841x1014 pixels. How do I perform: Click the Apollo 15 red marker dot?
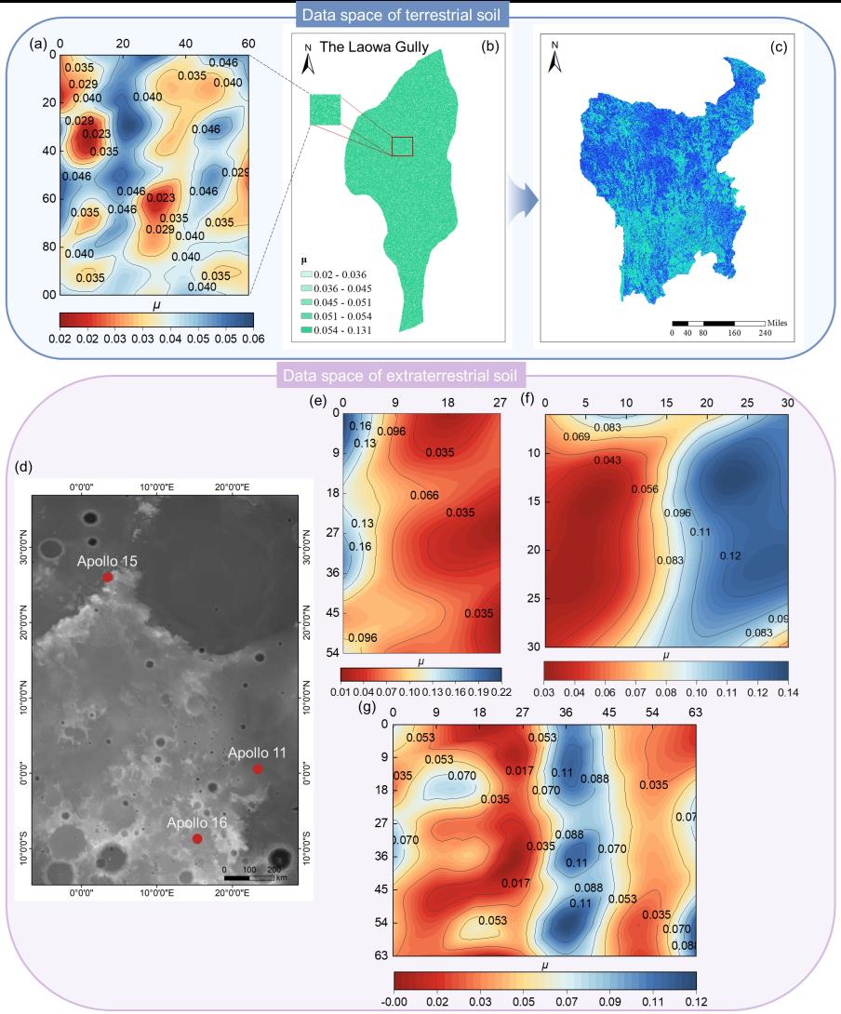tap(108, 578)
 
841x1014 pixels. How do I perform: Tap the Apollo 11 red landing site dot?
tap(258, 769)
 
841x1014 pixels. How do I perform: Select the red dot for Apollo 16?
tap(197, 839)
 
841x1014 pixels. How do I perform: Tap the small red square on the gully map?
tap(402, 146)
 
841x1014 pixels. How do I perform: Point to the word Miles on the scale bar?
tap(778, 323)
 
